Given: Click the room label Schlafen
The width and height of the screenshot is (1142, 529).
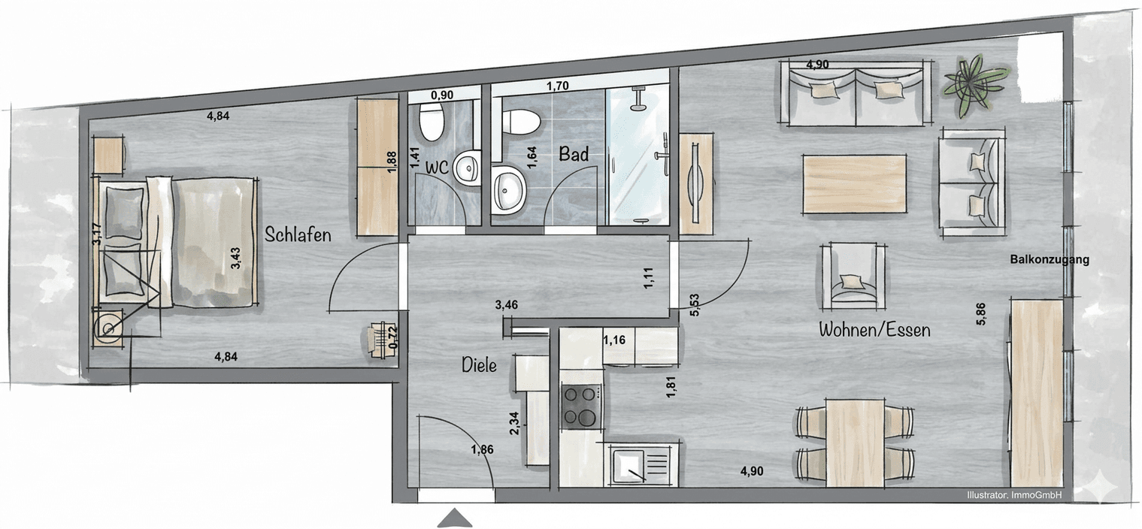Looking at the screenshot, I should (298, 235).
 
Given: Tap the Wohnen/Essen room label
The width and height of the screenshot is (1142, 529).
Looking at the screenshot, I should (874, 329).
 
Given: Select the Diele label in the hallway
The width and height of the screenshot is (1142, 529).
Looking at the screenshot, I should (479, 366).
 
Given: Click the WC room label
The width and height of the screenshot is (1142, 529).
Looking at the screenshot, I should (437, 168).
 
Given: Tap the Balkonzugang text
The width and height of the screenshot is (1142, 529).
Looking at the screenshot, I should (1049, 260).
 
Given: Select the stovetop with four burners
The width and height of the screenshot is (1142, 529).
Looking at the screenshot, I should (580, 406).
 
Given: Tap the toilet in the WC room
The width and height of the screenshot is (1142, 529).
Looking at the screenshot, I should (430, 122).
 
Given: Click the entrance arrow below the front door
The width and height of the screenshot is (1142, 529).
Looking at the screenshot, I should (454, 518).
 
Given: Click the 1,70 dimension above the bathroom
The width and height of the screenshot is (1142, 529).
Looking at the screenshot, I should (556, 86).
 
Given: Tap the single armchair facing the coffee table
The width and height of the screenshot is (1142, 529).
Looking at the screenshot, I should (853, 276).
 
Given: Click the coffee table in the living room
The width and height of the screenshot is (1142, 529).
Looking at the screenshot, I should (853, 183).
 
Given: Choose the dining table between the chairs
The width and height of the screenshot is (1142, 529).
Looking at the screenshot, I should (856, 443).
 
